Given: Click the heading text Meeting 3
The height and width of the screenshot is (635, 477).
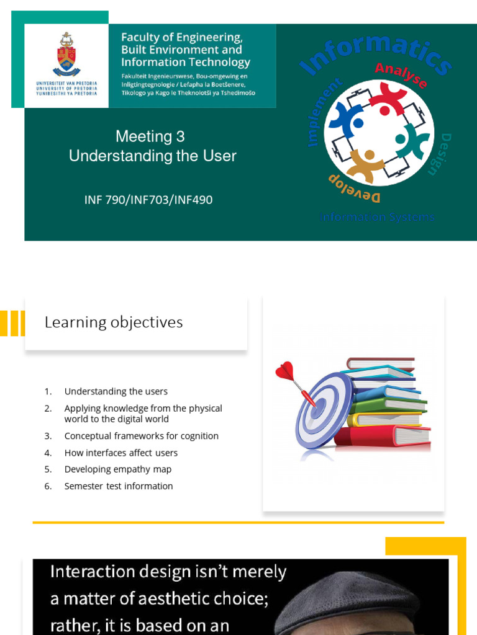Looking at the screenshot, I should pyautogui.click(x=150, y=136).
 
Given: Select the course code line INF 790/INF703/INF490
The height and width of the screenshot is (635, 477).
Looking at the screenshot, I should pyautogui.click(x=148, y=200).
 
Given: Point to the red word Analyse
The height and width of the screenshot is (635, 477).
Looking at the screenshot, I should pyautogui.click(x=401, y=74).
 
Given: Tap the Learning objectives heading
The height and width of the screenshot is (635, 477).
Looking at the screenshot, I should pyautogui.click(x=114, y=322).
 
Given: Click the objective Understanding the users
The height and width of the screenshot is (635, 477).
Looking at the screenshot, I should pyautogui.click(x=116, y=391).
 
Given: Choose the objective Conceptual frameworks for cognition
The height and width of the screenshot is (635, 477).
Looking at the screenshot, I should pyautogui.click(x=141, y=436).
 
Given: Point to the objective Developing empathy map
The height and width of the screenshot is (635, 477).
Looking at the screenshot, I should pyautogui.click(x=117, y=469).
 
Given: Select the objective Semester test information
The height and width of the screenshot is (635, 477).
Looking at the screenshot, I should pyautogui.click(x=119, y=486).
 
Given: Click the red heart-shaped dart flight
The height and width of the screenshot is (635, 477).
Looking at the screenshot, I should pyautogui.click(x=284, y=371).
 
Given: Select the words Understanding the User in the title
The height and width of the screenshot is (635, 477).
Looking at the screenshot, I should pyautogui.click(x=153, y=156).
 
